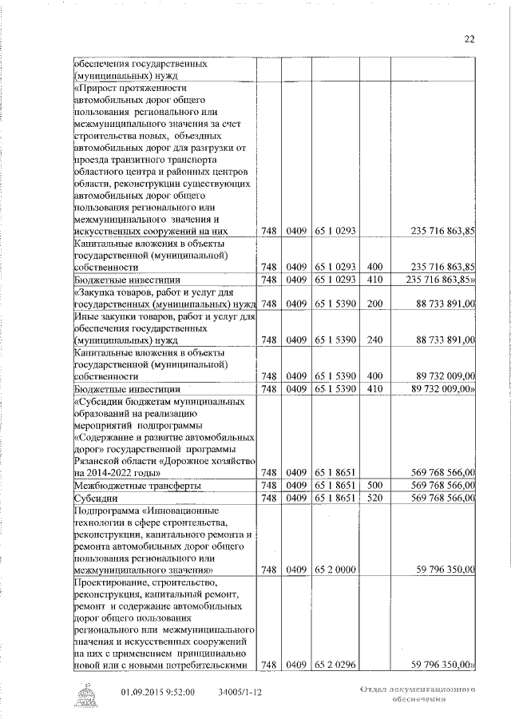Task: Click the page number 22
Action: click(x=469, y=38)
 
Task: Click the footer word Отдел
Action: click(x=374, y=688)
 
